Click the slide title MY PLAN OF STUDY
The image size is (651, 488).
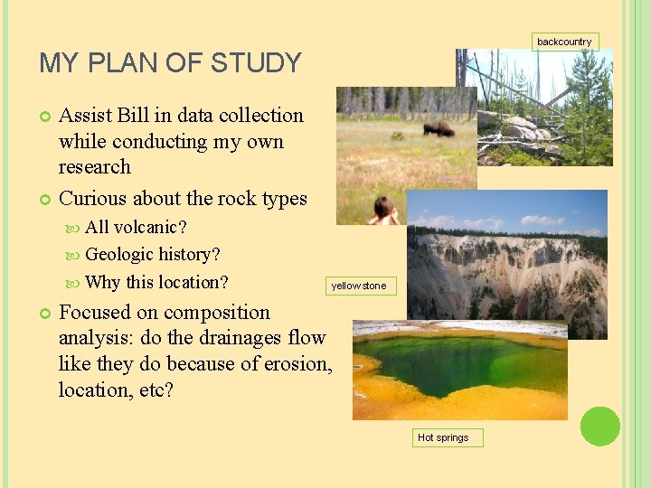point(170,63)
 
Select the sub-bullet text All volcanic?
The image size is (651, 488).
point(136,226)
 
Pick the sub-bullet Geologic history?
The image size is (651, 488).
point(152,255)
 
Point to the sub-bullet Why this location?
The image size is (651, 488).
point(156,282)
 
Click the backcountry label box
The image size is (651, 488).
point(564,42)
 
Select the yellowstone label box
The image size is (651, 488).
point(358,286)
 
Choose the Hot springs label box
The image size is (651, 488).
point(443,437)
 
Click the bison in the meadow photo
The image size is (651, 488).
point(439,129)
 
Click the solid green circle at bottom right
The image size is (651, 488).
point(600,426)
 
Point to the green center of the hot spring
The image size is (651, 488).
point(461,361)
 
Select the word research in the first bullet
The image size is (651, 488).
point(94,167)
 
